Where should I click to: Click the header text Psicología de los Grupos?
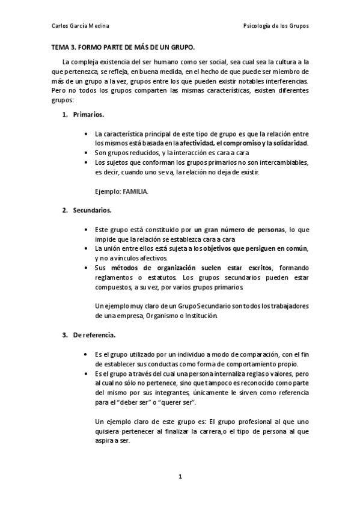[x=276, y=26]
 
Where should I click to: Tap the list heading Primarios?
[x=88, y=114]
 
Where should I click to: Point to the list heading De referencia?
[x=94, y=334]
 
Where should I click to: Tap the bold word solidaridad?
[x=287, y=143]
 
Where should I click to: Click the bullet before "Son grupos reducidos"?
[x=87, y=153]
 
